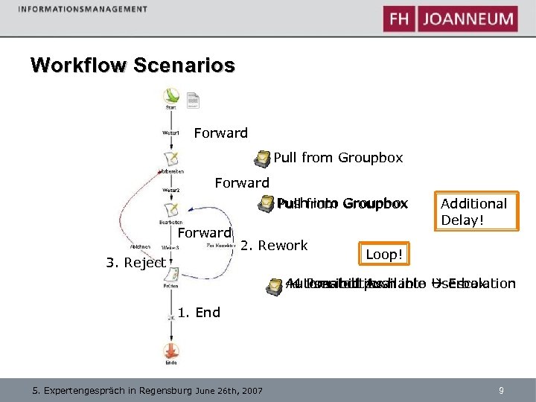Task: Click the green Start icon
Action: (x=172, y=97)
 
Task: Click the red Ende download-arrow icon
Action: (x=171, y=349)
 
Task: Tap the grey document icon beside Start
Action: (x=192, y=99)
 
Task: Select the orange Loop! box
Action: (x=383, y=255)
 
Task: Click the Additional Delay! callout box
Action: (x=475, y=212)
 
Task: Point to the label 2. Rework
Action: (x=275, y=246)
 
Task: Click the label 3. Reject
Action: (x=135, y=263)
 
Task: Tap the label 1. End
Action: (x=199, y=313)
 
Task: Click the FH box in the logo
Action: (x=399, y=19)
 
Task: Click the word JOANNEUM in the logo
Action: (x=468, y=19)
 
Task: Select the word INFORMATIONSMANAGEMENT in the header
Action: (x=83, y=9)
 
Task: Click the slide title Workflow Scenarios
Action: (x=133, y=65)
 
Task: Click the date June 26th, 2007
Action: (x=231, y=390)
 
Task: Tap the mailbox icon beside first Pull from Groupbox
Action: (x=262, y=159)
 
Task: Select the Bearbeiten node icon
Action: (x=171, y=210)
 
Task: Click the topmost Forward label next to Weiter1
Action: (x=220, y=133)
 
